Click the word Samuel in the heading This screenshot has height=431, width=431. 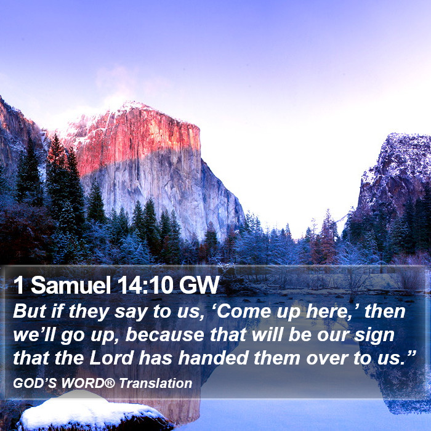(70, 284)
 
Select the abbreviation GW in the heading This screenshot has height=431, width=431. (199, 284)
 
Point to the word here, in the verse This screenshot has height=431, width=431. (331, 312)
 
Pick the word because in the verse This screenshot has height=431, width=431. (164, 335)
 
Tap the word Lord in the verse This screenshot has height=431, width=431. (111, 358)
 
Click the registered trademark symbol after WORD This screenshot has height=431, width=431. (110, 383)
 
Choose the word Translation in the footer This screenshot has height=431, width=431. (156, 383)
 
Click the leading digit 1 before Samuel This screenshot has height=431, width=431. (18, 285)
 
